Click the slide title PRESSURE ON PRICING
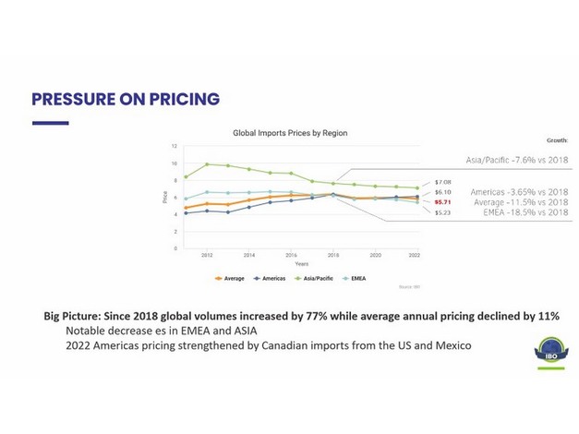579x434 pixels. [126, 99]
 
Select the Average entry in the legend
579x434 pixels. [230, 277]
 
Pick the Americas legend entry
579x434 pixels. [271, 277]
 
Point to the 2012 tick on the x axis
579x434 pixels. [207, 254]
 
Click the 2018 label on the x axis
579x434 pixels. [333, 254]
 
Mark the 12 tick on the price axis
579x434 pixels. [174, 147]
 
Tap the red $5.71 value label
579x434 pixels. [442, 201]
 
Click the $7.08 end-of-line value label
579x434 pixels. [442, 182]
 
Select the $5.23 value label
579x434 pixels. [442, 212]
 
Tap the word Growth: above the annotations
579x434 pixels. [557, 140]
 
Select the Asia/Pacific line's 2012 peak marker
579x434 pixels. [207, 164]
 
